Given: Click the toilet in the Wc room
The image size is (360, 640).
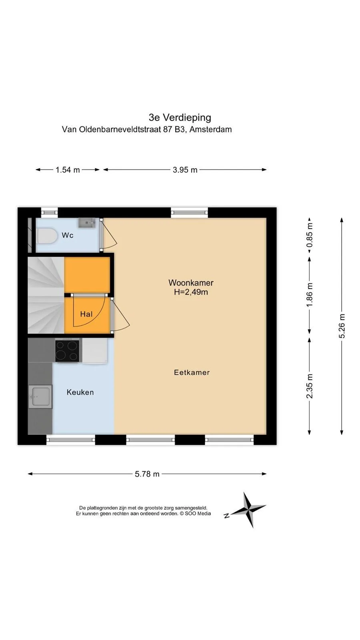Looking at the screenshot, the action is (x=46, y=236).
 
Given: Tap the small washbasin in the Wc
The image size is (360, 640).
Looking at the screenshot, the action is (x=87, y=223).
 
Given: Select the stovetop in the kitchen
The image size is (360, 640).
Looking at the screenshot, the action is (x=67, y=351).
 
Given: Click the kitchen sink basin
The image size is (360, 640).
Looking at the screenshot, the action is (x=40, y=396).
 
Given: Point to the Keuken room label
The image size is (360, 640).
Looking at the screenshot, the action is (x=80, y=392).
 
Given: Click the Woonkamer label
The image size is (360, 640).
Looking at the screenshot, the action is (x=191, y=283).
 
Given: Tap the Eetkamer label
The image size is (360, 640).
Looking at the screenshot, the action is (x=192, y=372).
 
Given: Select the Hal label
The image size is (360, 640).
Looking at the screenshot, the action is (x=86, y=314).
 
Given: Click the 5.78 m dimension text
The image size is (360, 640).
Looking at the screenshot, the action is (x=147, y=474).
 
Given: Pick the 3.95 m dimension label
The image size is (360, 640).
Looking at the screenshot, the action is (x=185, y=170).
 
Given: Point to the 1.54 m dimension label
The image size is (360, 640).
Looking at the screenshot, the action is (x=68, y=170).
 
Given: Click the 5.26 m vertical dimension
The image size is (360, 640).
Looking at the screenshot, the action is (x=342, y=326).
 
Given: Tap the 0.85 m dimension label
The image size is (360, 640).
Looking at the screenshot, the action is (x=310, y=236).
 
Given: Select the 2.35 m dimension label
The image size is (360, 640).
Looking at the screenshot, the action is (x=310, y=386).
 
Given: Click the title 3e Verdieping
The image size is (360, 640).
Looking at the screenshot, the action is (x=180, y=118).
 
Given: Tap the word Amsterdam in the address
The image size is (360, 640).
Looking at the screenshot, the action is (x=210, y=130).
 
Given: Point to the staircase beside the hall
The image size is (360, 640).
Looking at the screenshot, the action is (x=46, y=295).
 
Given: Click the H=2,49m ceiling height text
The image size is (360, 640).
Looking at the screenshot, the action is (x=191, y=292).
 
